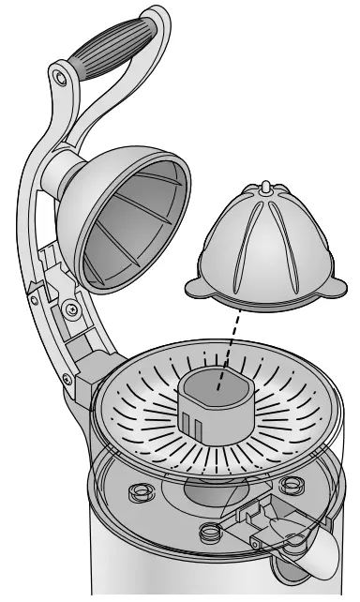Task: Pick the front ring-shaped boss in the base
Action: point(211,533)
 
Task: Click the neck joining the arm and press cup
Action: point(71,173)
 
